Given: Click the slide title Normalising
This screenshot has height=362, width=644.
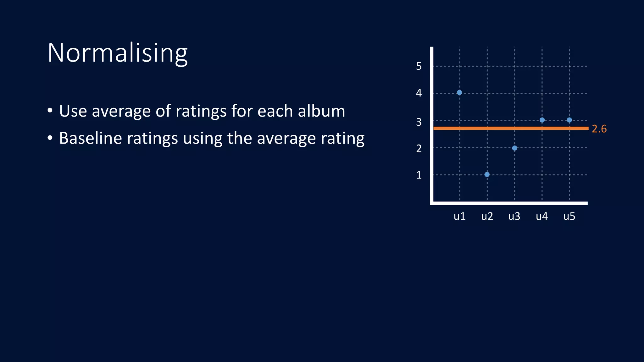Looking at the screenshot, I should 118,53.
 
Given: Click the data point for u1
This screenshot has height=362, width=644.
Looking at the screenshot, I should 459,92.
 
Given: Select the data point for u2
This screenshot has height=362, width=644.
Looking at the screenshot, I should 487,174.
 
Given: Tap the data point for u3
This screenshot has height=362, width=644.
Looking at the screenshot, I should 514,148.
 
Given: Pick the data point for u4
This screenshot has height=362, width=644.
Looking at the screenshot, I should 542,120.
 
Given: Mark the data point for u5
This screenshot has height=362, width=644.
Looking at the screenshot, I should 569,120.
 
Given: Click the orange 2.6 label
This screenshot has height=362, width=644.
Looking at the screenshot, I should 599,129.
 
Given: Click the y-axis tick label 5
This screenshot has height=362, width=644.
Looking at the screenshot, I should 419,66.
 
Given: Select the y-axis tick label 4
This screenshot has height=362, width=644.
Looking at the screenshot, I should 419,93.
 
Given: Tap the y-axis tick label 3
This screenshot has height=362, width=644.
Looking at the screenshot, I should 419,122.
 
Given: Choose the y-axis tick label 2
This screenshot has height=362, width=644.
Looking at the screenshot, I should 419,148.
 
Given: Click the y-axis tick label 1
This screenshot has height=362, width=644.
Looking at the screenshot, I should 419,175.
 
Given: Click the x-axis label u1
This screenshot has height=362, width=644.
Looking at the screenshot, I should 459,216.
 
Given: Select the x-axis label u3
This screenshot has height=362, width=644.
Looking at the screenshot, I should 514,216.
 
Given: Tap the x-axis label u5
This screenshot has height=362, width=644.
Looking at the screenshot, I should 569,216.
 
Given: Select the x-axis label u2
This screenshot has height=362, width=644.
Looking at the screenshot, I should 487,216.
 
